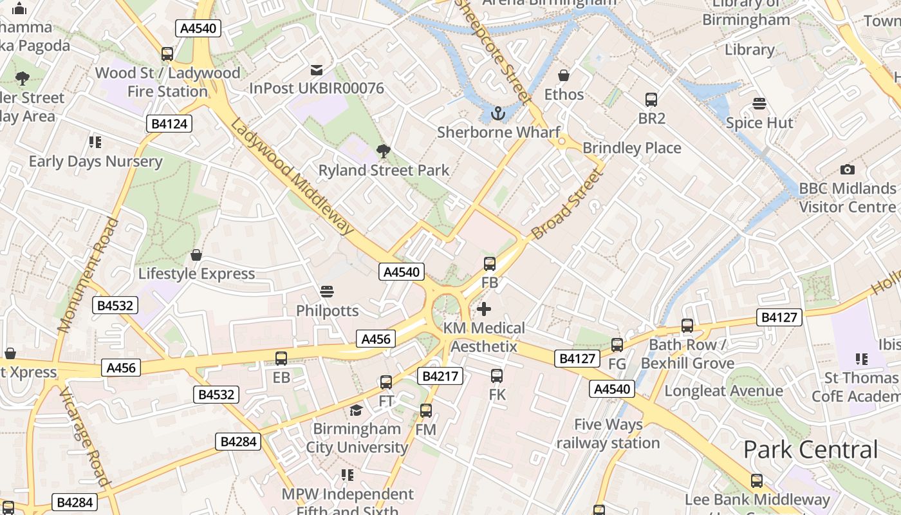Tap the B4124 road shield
(x=170, y=124)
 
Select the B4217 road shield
(x=440, y=376)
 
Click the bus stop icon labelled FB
(x=490, y=263)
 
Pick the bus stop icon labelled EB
(x=281, y=359)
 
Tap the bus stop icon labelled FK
(x=497, y=376)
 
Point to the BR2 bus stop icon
(x=651, y=100)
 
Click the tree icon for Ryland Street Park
(x=384, y=151)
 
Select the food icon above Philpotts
(x=327, y=292)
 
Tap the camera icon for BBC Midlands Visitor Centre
(x=848, y=170)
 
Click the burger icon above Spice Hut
(x=759, y=104)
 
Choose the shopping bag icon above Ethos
(x=564, y=75)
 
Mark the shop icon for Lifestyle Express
(x=196, y=255)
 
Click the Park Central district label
(x=810, y=449)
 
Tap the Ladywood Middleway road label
(x=293, y=176)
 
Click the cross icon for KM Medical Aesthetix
(x=484, y=310)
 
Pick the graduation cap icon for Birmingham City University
(x=356, y=410)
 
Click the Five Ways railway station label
(x=608, y=434)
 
